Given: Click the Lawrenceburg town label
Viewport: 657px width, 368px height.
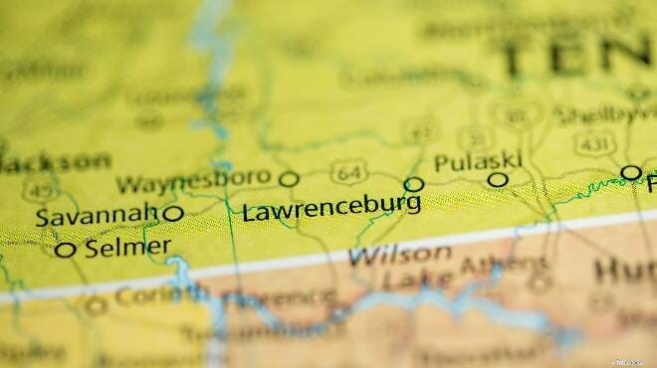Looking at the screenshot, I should (330, 209).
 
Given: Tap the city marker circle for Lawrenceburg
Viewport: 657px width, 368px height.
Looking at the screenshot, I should (413, 184).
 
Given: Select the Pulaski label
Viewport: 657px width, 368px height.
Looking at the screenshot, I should (477, 161).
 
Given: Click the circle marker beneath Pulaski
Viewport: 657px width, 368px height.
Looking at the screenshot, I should (498, 180).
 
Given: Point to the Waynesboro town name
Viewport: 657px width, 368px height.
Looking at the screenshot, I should (193, 181).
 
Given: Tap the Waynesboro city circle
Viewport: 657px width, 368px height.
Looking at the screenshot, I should (289, 179).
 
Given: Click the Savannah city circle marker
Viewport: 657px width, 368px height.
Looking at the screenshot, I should (173, 213).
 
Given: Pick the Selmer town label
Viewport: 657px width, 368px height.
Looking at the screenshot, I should (127, 248).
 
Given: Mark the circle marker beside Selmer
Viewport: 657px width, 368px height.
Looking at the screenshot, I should (66, 250).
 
